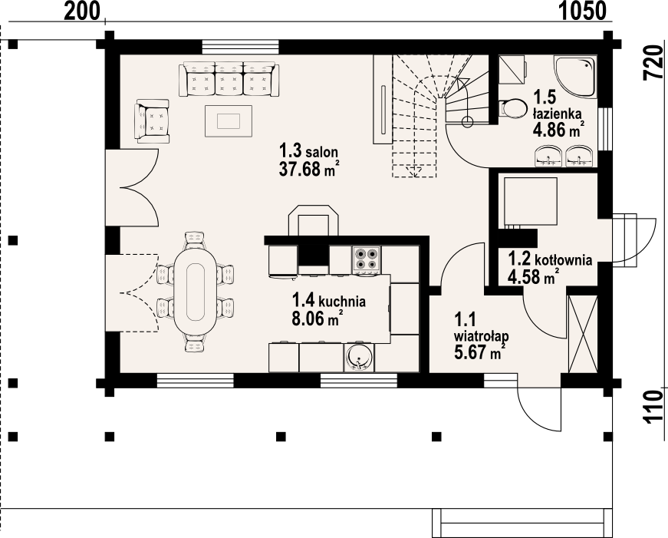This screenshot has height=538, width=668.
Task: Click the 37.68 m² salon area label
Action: coord(309,170)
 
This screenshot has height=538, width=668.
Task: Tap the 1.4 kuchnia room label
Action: coord(328,301)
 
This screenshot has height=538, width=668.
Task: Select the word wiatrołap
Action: coord(481,336)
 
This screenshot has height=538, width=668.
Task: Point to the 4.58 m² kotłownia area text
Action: coord(533,277)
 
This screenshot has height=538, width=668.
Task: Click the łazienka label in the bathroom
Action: coord(558,114)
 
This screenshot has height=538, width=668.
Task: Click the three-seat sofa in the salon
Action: coord(229,79)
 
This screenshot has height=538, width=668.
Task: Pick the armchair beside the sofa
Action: coord(152,121)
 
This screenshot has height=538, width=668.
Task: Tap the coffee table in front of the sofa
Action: coord(229,121)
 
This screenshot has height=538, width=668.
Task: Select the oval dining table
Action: coord(195,292)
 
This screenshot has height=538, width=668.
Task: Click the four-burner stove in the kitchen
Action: coord(367,259)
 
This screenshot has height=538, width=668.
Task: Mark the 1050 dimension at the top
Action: coord(582,11)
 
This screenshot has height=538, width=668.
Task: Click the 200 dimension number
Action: coord(82,11)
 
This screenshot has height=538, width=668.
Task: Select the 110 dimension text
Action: coord(653,407)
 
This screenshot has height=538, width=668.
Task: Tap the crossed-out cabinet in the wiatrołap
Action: coord(583,334)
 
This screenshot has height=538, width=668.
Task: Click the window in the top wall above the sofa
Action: coord(241,47)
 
